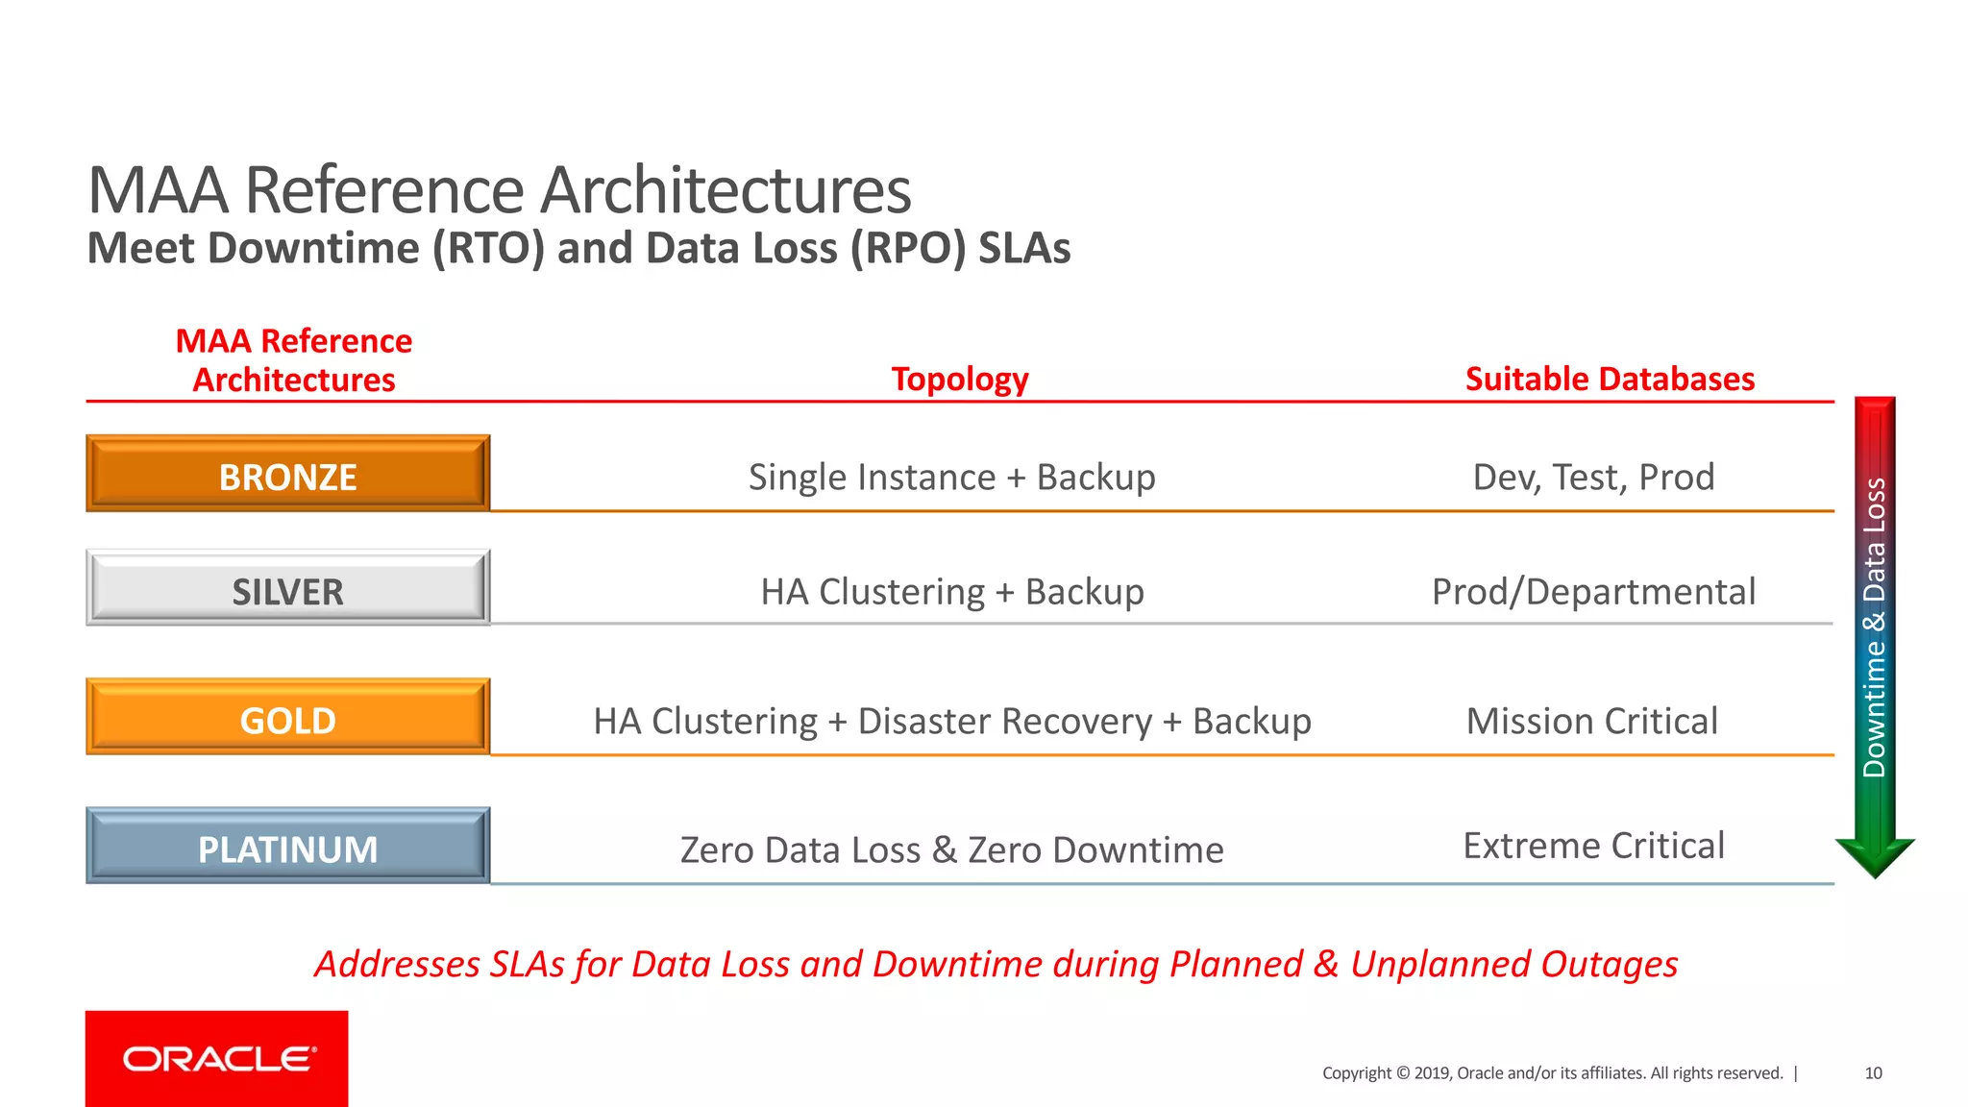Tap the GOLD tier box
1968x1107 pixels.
287,718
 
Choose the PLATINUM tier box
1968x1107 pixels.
287,847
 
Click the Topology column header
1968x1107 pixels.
959,379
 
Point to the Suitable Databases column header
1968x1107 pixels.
1610,379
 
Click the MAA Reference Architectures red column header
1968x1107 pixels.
293,360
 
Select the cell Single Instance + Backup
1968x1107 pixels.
951,478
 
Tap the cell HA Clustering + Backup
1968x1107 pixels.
951,592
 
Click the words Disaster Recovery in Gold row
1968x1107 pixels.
1004,721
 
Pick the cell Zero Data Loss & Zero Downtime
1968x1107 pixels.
951,850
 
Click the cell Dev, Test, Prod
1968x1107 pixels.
1593,478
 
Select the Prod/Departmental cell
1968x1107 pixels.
1593,592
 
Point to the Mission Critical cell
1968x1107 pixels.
1591,721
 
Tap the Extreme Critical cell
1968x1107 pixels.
1593,846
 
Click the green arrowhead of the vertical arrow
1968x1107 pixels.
1875,855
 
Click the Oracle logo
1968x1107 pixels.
217,1059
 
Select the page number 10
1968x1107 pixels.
1873,1073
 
